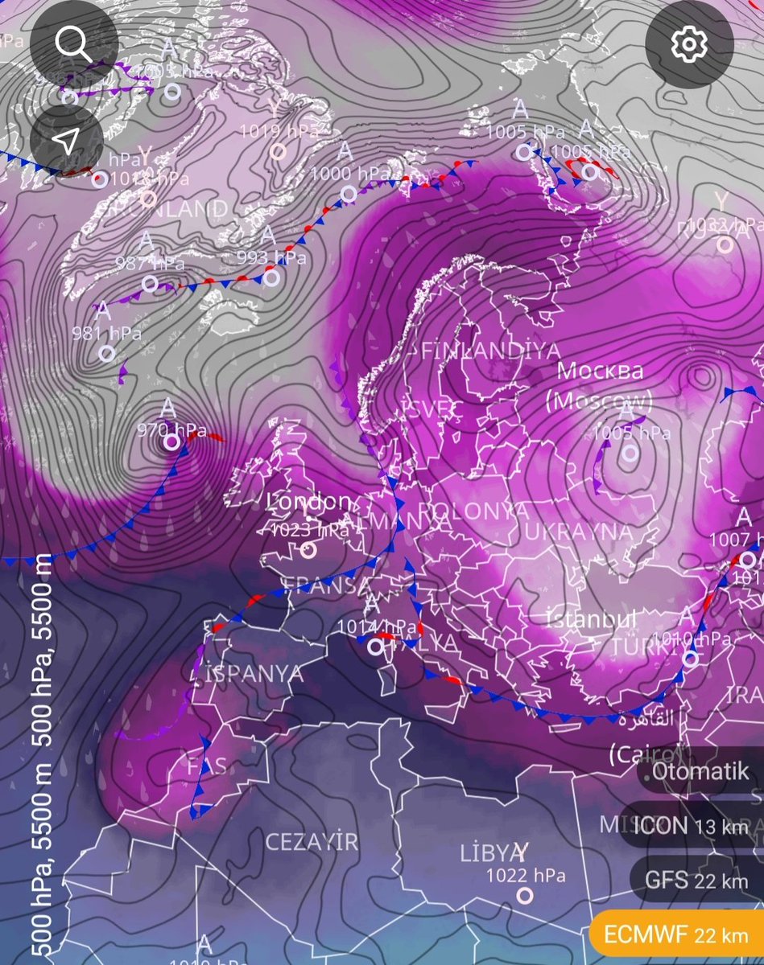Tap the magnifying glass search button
click(x=74, y=46)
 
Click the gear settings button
click(x=688, y=46)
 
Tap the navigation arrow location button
click(x=66, y=142)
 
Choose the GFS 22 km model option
click(x=696, y=880)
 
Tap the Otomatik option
click(x=700, y=772)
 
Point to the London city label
click(x=310, y=502)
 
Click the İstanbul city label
click(x=592, y=620)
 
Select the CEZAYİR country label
click(x=312, y=842)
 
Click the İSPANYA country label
click(x=258, y=674)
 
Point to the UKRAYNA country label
click(x=578, y=532)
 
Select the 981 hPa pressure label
click(x=106, y=332)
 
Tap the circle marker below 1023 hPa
click(x=308, y=550)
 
